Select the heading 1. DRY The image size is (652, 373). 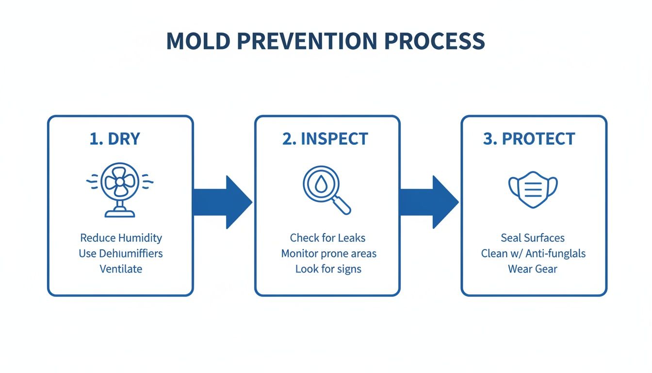(115, 139)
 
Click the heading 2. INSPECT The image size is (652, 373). (325, 139)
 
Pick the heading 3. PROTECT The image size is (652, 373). (529, 139)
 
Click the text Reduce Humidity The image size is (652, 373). (121, 238)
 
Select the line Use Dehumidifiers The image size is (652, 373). (121, 254)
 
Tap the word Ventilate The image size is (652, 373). (121, 269)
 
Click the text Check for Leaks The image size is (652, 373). (327, 238)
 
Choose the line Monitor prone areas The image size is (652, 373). (328, 254)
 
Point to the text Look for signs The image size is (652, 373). (328, 269)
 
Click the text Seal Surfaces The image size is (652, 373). (533, 238)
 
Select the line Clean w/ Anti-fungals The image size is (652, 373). (533, 254)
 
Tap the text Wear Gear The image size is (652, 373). (533, 269)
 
